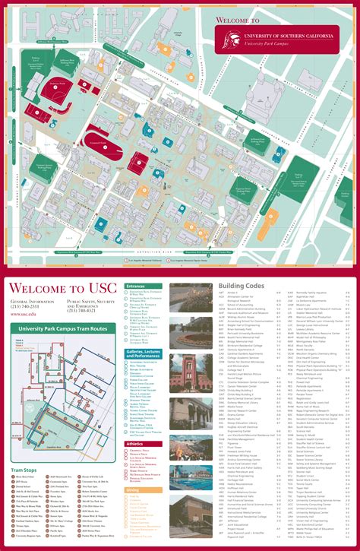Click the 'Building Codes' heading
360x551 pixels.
point(242,287)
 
